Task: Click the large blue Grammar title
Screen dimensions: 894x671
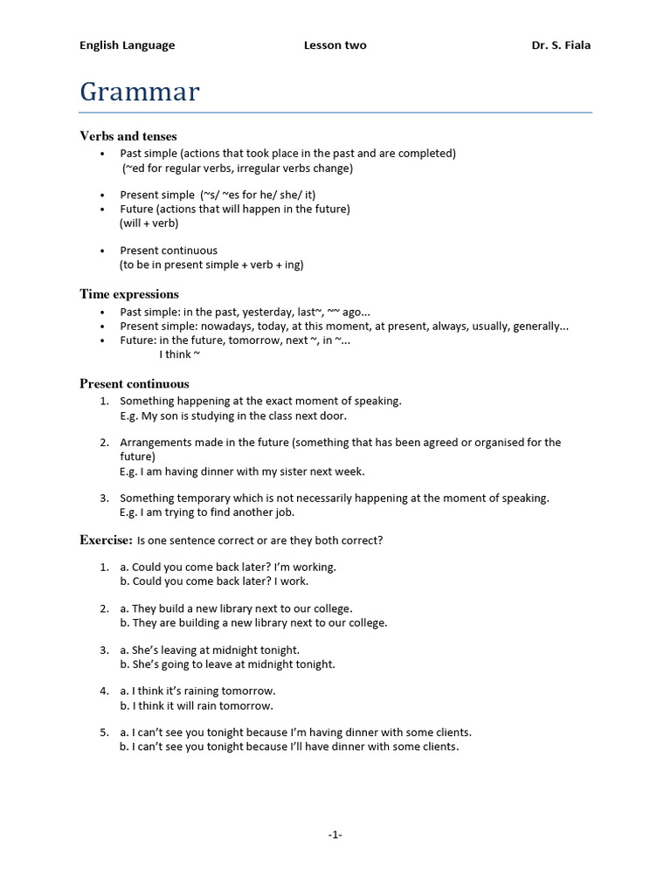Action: coord(140,92)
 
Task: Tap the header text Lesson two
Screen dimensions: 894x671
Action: coord(335,45)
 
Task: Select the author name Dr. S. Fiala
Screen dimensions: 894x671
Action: coord(561,45)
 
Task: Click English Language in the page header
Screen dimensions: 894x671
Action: coord(128,45)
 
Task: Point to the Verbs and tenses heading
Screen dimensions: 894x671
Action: coord(128,136)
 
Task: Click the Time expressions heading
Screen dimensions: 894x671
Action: coord(129,294)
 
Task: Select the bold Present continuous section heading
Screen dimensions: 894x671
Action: coord(135,383)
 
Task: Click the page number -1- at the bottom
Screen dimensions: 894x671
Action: coord(335,835)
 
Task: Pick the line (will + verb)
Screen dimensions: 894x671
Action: coord(149,223)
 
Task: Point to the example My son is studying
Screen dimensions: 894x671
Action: coord(233,416)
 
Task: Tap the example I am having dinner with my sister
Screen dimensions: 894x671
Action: coord(242,471)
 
